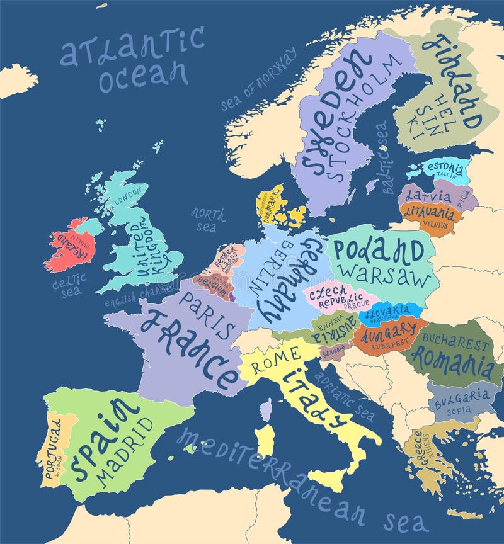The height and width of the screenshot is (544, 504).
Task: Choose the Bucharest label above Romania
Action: (455, 343)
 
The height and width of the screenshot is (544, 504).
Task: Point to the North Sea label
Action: (208, 219)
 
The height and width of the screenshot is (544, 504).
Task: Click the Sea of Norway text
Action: (258, 80)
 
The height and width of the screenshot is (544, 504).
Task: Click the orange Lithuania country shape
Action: (431, 217)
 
